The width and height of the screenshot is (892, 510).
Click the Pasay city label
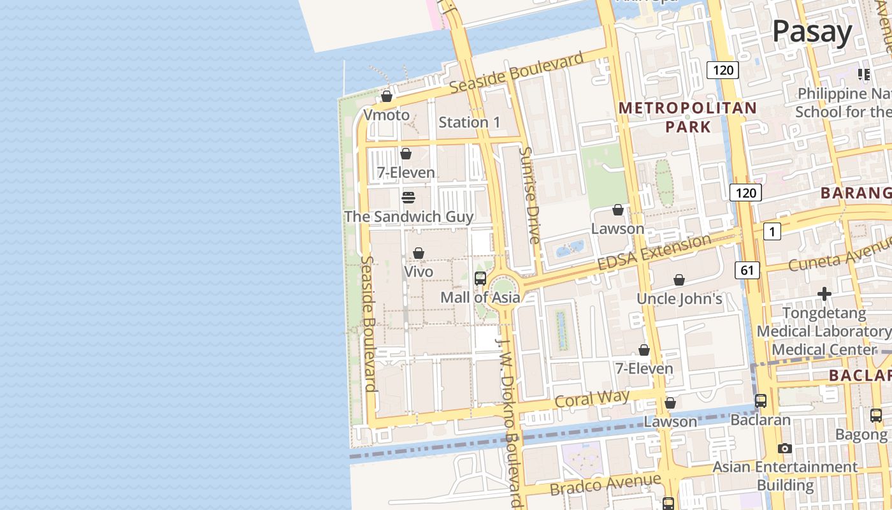point(812,32)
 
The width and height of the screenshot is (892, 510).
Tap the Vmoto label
point(386,115)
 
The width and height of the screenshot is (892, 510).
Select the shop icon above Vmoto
point(387,97)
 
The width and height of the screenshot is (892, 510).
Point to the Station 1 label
point(469,122)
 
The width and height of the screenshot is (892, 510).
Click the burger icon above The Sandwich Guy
point(408,198)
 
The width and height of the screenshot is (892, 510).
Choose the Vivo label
point(419,272)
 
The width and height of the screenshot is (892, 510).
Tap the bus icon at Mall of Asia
point(480,279)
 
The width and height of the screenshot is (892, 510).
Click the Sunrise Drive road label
point(530,195)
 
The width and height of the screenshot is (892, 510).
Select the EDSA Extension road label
point(654,252)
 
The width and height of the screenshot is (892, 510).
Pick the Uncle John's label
point(679,298)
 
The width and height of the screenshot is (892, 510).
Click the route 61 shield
point(747,270)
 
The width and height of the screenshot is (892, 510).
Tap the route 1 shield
point(772,232)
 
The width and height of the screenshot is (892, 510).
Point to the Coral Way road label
point(592,399)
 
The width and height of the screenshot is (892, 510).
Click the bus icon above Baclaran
point(760,401)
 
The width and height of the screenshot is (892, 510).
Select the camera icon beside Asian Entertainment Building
point(785,449)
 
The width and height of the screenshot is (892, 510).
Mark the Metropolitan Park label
point(687,117)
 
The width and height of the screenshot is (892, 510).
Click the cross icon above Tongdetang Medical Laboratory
point(824,294)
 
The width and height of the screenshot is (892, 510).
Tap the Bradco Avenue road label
point(605,484)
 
